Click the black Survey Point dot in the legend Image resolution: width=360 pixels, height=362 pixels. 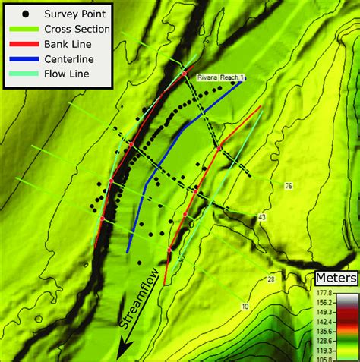click(x=27, y=13)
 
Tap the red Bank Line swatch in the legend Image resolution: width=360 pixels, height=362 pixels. click(x=27, y=44)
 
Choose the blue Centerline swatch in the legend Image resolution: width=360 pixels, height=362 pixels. click(x=27, y=59)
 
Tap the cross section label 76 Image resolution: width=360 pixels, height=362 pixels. click(x=289, y=186)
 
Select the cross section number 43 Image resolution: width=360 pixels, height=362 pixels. click(x=263, y=218)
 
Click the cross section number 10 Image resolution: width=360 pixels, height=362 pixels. click(x=245, y=306)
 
